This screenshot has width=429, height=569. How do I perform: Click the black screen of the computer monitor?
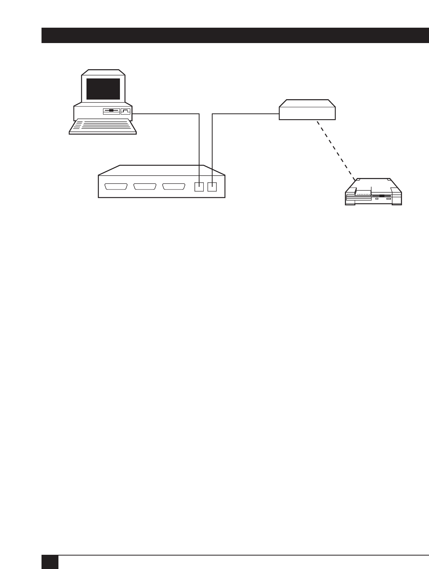coord(103,89)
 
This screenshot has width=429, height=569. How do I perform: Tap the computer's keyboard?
coord(103,126)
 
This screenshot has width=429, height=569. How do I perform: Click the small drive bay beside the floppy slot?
coord(126,111)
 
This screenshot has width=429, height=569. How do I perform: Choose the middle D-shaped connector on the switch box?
coord(145,187)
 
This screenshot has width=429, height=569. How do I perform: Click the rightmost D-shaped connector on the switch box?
coord(174,187)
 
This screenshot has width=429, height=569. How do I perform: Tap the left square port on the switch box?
coord(199,187)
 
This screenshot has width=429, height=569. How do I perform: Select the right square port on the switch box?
coord(212,187)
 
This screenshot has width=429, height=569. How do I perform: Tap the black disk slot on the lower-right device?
coord(381,196)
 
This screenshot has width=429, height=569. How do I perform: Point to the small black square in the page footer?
coord(50,562)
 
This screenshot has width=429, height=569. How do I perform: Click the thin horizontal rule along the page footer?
coord(242,555)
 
